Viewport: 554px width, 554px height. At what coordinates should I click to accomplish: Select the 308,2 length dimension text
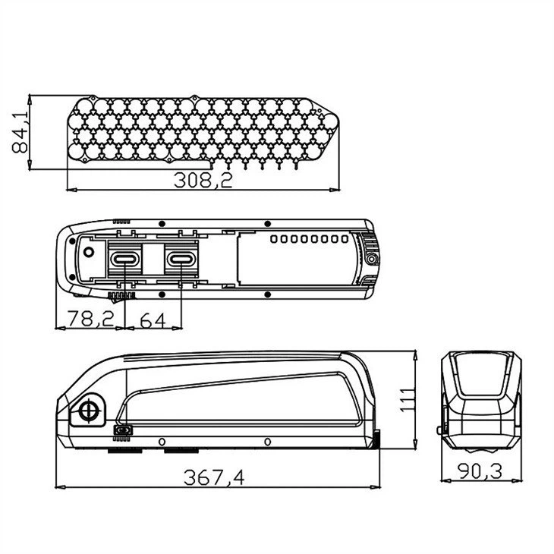[203, 181]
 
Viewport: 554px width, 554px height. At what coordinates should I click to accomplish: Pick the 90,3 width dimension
[480, 471]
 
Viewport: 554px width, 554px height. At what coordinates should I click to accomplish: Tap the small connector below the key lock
[122, 432]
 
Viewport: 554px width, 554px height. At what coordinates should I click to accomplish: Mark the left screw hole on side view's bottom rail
[161, 442]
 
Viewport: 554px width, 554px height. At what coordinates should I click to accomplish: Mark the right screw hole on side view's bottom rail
[267, 442]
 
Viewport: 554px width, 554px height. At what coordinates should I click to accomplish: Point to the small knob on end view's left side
[441, 430]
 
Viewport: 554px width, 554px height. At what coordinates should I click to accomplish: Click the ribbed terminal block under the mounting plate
[122, 294]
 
